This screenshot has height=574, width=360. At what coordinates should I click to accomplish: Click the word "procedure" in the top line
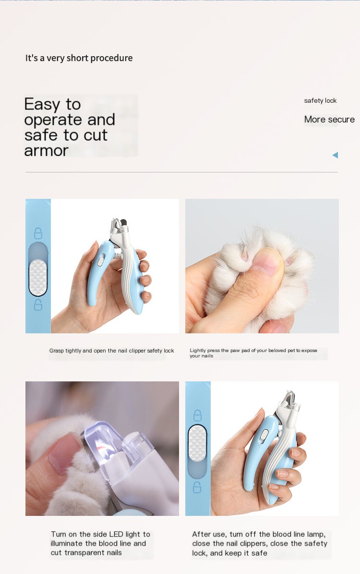coord(111,58)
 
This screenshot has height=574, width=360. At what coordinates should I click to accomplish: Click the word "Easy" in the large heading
coord(41,105)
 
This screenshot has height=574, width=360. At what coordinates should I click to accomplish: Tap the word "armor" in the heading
coord(46,151)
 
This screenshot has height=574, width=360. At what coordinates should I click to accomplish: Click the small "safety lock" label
coord(320,101)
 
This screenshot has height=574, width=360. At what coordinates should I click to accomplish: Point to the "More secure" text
coord(329,119)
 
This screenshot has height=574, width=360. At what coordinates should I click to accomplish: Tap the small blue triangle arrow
coord(335,155)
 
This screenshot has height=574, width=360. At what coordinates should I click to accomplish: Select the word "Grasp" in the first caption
coord(56,351)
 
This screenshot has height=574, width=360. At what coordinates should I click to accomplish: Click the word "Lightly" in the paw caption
coord(198,350)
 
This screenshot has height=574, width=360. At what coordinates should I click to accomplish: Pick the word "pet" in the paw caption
coord(291,350)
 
